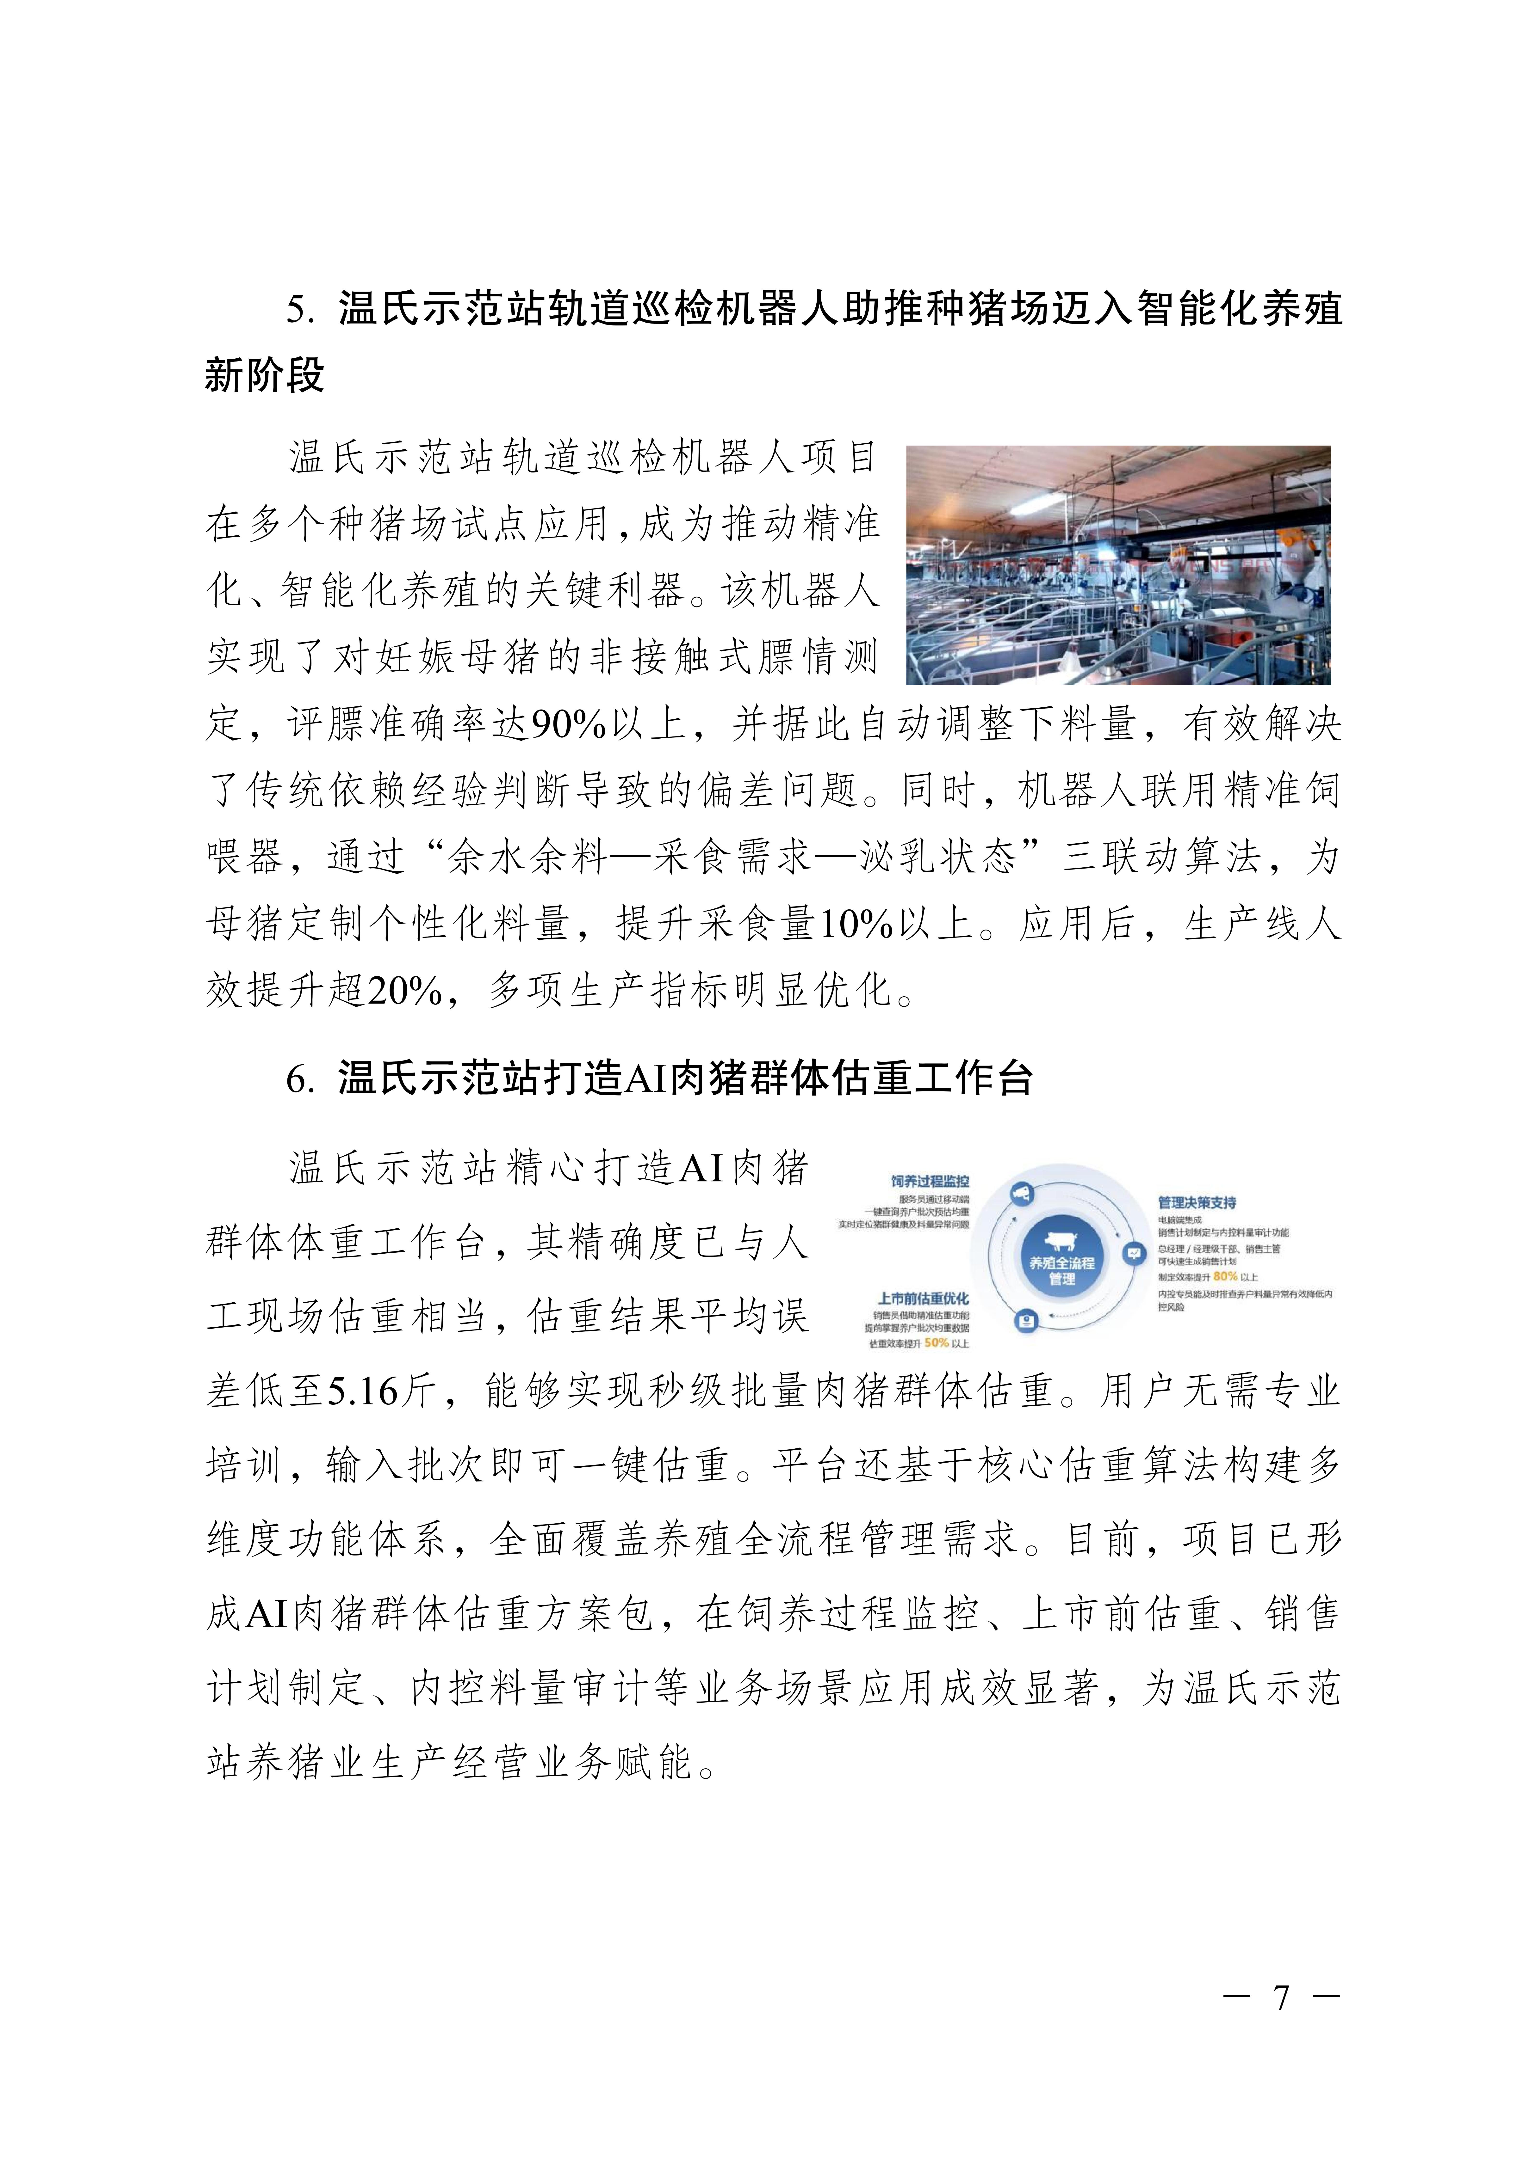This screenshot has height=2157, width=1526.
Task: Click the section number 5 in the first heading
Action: pos(298,310)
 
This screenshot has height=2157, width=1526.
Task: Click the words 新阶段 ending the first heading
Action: pos(265,376)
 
